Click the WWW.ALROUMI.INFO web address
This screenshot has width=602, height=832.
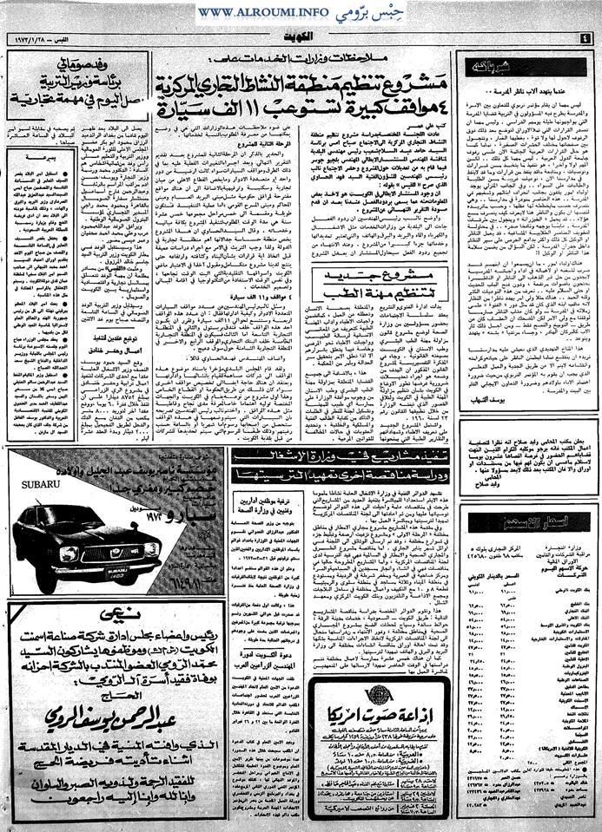pyautogui.click(x=251, y=12)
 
